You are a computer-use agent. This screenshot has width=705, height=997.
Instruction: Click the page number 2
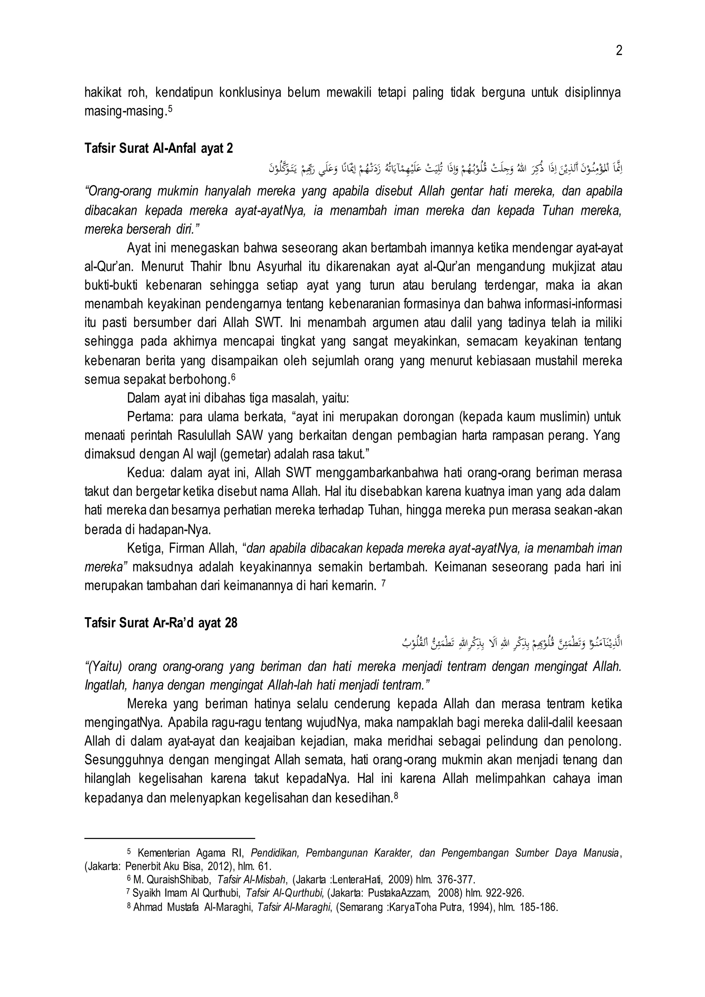(619, 51)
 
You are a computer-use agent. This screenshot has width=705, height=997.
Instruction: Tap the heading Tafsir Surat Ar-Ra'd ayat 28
(161, 623)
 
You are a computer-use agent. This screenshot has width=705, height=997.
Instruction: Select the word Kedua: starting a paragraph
(145, 473)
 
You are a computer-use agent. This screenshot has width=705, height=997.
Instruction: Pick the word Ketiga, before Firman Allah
(145, 548)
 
